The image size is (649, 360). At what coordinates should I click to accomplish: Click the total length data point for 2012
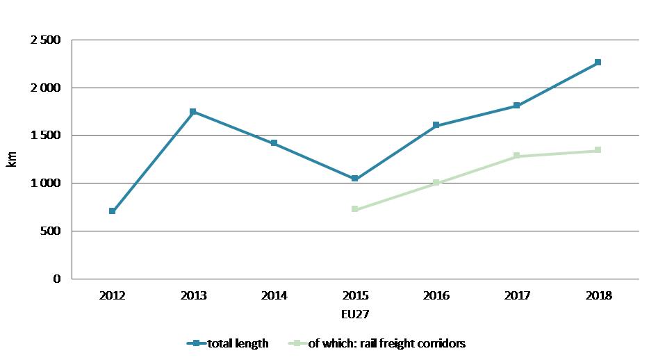(112, 211)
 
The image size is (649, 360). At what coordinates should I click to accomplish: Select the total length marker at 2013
(193, 112)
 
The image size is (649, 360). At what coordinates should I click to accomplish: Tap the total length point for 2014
(274, 143)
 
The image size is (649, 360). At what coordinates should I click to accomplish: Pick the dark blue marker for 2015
(355, 179)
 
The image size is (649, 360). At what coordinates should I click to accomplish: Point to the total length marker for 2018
(598, 63)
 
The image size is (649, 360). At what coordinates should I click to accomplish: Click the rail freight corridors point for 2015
(355, 209)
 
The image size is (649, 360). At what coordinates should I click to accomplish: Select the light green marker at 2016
(436, 183)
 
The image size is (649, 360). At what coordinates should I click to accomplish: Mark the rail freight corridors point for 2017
(517, 156)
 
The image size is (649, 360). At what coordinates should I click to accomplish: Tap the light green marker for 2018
(598, 150)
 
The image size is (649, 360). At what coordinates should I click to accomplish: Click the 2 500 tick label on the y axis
(46, 40)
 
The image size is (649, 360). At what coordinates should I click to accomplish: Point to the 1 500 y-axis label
(46, 136)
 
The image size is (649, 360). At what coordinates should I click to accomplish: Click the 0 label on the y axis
(58, 279)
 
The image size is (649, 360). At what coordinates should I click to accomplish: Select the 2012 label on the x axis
(112, 295)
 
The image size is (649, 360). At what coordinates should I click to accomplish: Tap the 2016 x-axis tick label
(436, 295)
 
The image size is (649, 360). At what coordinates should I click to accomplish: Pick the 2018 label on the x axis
(598, 295)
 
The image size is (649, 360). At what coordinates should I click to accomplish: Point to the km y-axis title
(12, 159)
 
